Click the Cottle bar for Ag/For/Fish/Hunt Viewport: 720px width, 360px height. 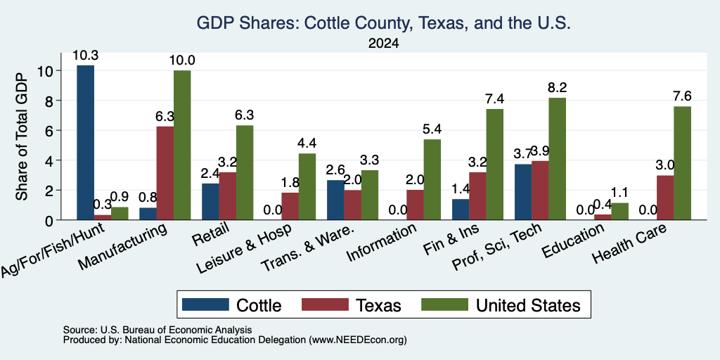[85, 143]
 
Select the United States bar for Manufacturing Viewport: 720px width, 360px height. [182, 145]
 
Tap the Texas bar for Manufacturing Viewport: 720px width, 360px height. [165, 173]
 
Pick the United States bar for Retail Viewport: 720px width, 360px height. [244, 173]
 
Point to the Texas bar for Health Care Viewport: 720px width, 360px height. [665, 198]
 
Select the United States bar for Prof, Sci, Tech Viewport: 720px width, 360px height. [557, 159]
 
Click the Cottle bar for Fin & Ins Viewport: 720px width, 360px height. [461, 210]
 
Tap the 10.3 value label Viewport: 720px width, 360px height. [85, 56]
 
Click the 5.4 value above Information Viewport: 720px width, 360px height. [432, 130]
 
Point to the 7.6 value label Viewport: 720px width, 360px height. [682, 96]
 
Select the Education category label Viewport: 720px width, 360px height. [574, 241]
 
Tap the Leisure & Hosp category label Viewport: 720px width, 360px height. [245, 249]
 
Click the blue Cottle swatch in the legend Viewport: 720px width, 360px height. [205, 304]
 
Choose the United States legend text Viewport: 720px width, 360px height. [528, 305]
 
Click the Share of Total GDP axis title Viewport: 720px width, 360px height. [22, 137]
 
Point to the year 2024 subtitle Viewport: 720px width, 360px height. [383, 44]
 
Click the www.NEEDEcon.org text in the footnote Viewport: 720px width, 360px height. [358, 340]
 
